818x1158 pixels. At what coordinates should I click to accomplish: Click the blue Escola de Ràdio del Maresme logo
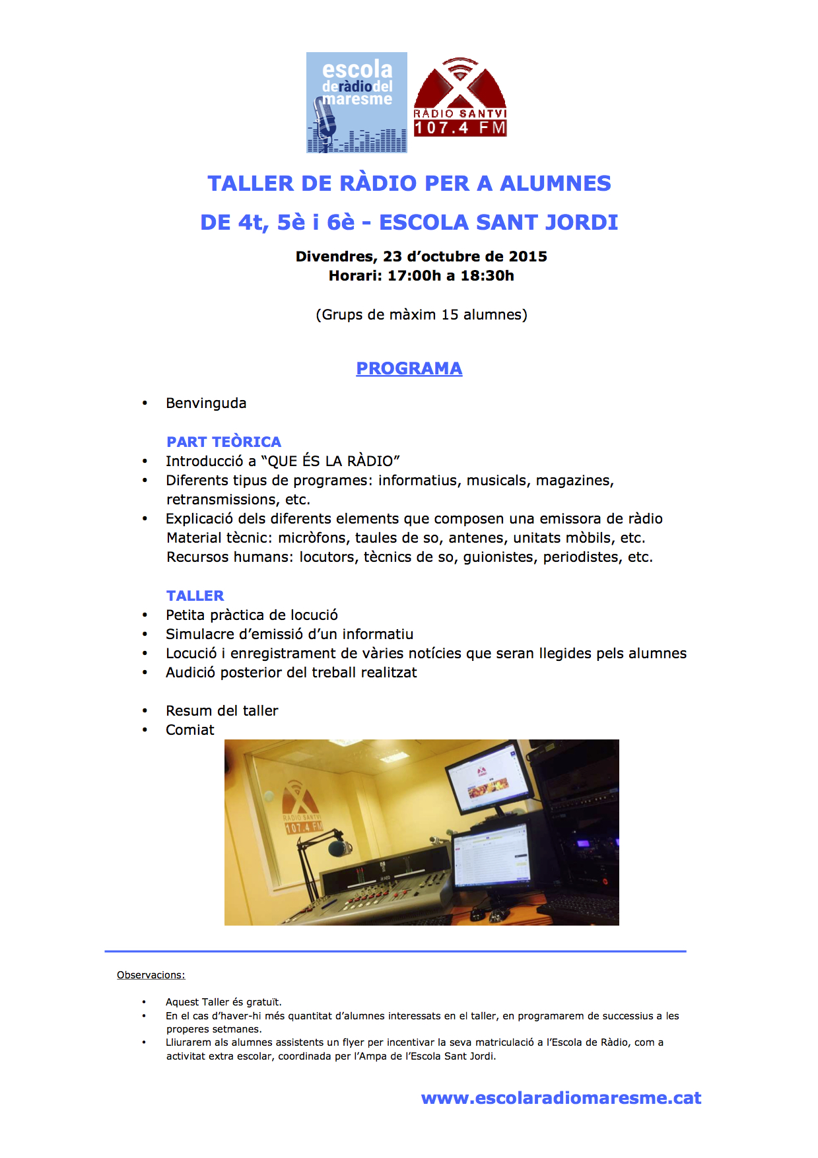(x=357, y=102)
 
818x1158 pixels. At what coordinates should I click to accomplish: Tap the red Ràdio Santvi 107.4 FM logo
(x=460, y=99)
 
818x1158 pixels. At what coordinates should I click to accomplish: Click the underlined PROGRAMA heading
(x=409, y=368)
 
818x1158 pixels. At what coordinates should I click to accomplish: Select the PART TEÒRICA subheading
(x=223, y=442)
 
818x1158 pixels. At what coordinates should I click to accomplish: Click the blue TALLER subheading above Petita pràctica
(x=195, y=596)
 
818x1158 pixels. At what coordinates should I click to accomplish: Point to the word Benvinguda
(x=206, y=403)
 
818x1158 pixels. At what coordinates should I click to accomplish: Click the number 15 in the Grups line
(x=450, y=314)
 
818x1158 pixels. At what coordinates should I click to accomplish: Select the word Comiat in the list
(x=190, y=730)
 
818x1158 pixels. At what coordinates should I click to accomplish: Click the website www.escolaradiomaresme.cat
(x=561, y=1097)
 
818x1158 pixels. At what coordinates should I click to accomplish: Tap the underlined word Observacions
(x=151, y=975)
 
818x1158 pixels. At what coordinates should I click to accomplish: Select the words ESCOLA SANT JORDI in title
(x=498, y=222)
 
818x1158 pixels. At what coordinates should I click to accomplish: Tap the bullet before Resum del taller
(x=145, y=711)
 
